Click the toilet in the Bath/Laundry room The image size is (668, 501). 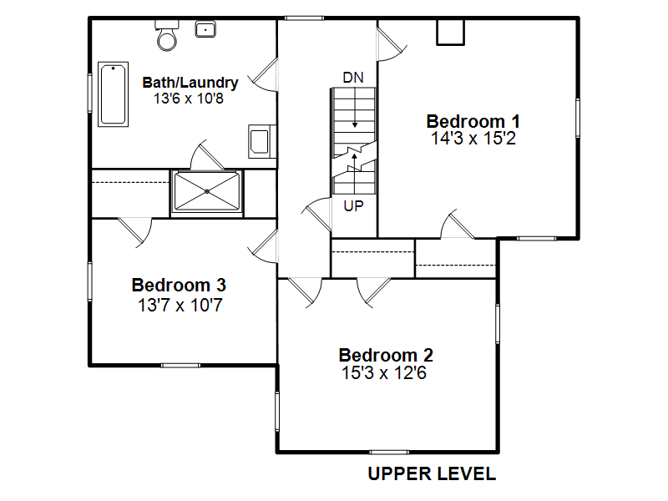click(x=166, y=35)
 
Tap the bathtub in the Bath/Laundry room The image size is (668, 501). click(x=113, y=94)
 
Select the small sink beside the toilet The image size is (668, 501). click(x=205, y=29)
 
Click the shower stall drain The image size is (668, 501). click(x=207, y=192)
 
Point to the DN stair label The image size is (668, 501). click(x=353, y=78)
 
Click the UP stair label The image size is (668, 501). click(x=353, y=206)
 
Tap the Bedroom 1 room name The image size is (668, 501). click(x=473, y=121)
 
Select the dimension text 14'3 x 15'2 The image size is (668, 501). click(x=473, y=139)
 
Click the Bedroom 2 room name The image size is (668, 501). click(x=386, y=355)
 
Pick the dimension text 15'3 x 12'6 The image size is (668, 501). click(x=384, y=372)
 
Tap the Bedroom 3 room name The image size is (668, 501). click(x=179, y=285)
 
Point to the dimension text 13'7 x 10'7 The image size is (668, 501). click(x=180, y=305)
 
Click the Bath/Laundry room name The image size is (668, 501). click(x=190, y=82)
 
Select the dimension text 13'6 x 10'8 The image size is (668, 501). click(x=189, y=99)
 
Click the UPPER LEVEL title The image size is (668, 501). click(x=432, y=473)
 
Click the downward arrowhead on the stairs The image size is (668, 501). click(x=354, y=124)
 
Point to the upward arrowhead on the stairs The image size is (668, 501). click(x=354, y=156)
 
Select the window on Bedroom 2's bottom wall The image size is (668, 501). click(x=389, y=452)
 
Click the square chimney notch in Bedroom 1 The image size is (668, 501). click(x=450, y=32)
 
